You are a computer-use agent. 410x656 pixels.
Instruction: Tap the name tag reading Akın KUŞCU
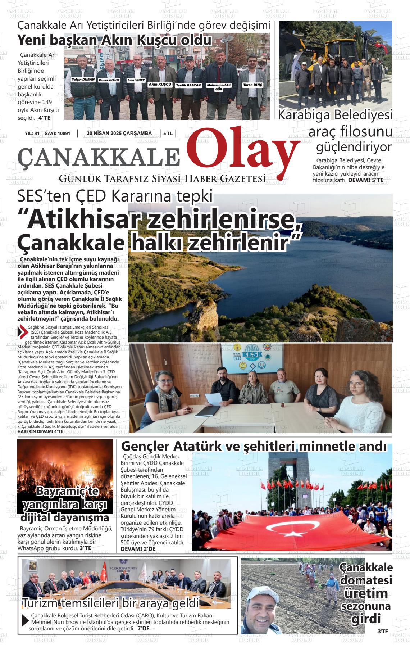[160, 84]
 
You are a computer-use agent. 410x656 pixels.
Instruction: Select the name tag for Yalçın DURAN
[83, 79]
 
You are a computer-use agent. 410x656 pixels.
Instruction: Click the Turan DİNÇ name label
[253, 85]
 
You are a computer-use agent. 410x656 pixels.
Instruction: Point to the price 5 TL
[168, 134]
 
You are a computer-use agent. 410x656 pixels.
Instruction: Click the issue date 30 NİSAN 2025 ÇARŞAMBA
[119, 134]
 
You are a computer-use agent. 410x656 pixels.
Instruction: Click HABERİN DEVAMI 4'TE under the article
[40, 431]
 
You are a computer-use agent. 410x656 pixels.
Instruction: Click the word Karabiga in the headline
[304, 115]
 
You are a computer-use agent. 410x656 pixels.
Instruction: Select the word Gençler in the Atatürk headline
[145, 446]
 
